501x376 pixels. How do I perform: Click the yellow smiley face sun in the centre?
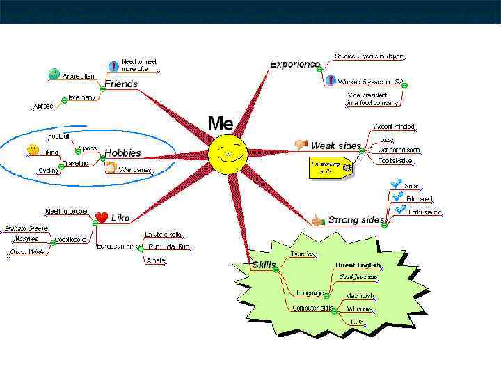coord(228,155)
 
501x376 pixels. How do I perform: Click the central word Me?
coord(220,124)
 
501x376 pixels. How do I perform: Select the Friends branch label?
coord(121,84)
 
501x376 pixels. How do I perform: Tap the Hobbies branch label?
coord(123,152)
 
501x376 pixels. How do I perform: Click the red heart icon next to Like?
coord(102,217)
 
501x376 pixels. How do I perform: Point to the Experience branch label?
coord(295,64)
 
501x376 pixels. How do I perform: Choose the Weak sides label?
coord(335,146)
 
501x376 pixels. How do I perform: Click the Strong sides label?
coord(356,220)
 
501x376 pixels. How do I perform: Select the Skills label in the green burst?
coord(264,265)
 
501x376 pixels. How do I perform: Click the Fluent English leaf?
coord(358,265)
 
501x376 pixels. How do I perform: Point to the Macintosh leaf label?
coord(360,295)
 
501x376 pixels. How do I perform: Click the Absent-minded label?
coord(394,127)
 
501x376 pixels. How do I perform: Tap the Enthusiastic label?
coord(425,212)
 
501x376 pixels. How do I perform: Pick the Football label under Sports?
coord(58,135)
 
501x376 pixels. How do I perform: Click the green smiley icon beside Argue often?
coord(54,74)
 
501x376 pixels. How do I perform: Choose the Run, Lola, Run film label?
coord(168,246)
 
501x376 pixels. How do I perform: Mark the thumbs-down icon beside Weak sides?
coord(301,145)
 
